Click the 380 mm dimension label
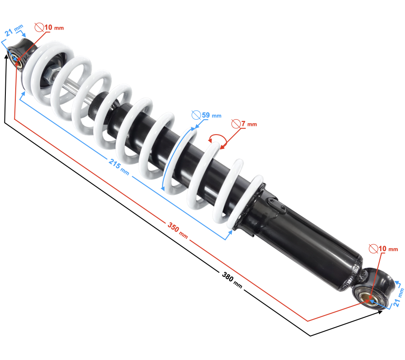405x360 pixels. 232,280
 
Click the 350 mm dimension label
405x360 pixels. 178,230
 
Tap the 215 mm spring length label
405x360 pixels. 119,167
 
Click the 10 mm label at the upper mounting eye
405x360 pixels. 54,27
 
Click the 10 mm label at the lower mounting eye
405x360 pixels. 388,249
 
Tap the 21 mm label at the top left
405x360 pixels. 14,31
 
